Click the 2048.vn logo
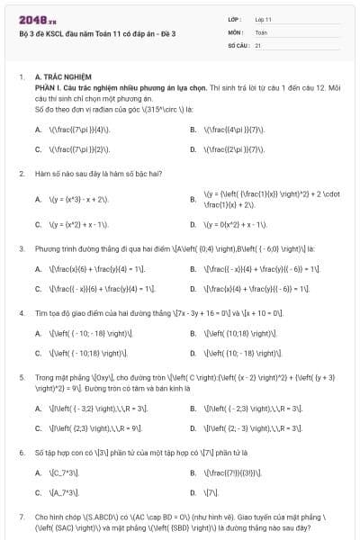(x=33, y=19)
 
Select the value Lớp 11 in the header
(x=264, y=18)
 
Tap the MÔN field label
(x=235, y=31)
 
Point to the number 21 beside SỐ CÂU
(x=258, y=44)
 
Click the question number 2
(x=21, y=172)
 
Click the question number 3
(x=21, y=247)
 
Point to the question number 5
(x=21, y=377)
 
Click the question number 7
(x=21, y=517)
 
